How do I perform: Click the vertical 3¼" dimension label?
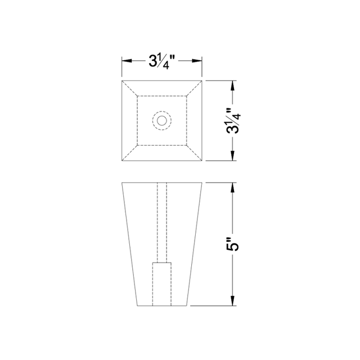click(x=233, y=120)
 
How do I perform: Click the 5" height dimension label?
click(x=233, y=245)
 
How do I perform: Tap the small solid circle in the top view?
click(x=162, y=120)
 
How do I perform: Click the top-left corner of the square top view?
click(x=122, y=80)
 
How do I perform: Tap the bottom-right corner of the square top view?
click(x=202, y=161)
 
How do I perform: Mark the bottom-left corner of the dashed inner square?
click(x=137, y=146)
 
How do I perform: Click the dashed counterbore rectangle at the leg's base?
click(x=162, y=284)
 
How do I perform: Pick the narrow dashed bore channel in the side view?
click(x=162, y=223)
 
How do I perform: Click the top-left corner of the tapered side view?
click(x=122, y=183)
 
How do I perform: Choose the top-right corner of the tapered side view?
click(x=202, y=183)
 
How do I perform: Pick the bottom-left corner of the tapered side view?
click(x=137, y=306)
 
